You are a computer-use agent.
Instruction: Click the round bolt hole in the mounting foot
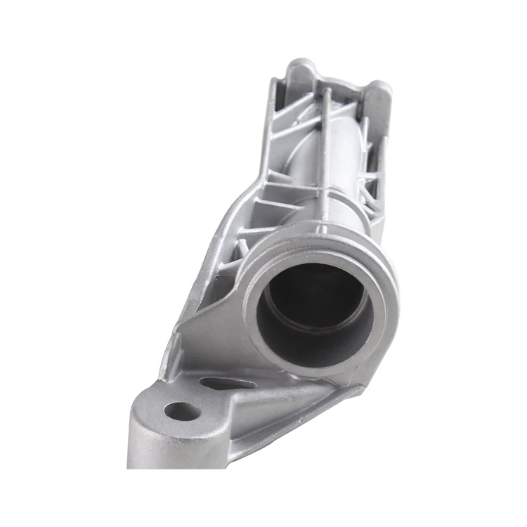(182, 410)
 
